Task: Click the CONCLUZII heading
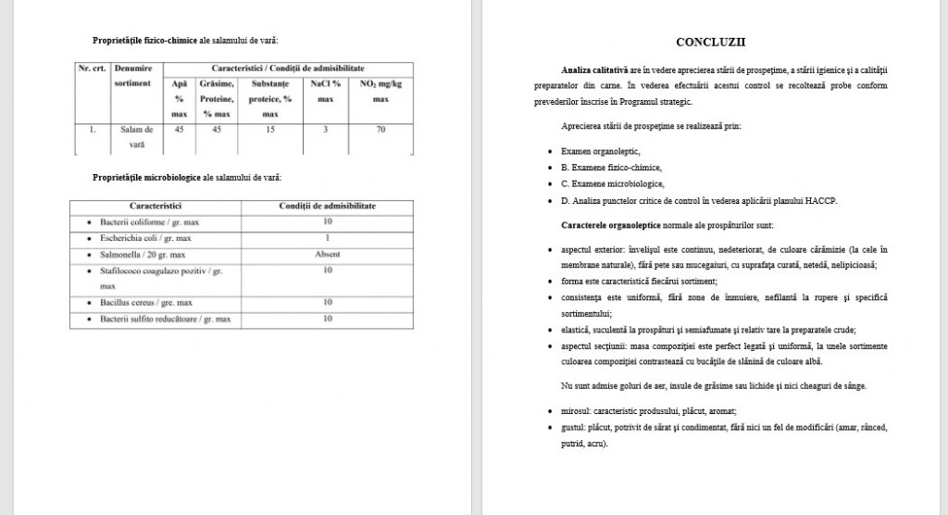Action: click(711, 42)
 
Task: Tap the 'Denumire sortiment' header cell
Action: click(133, 75)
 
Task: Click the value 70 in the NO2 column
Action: click(380, 130)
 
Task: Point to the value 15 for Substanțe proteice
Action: click(270, 130)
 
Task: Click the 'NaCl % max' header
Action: click(325, 90)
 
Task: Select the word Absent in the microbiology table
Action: click(328, 254)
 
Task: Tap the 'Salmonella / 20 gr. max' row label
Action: click(143, 254)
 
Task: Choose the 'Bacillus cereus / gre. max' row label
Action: click(146, 302)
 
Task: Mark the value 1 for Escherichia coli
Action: click(328, 238)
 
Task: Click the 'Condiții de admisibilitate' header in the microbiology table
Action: click(328, 206)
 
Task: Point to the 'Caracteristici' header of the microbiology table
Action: click(155, 206)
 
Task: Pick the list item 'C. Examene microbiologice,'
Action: click(611, 182)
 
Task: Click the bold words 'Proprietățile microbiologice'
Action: click(147, 176)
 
